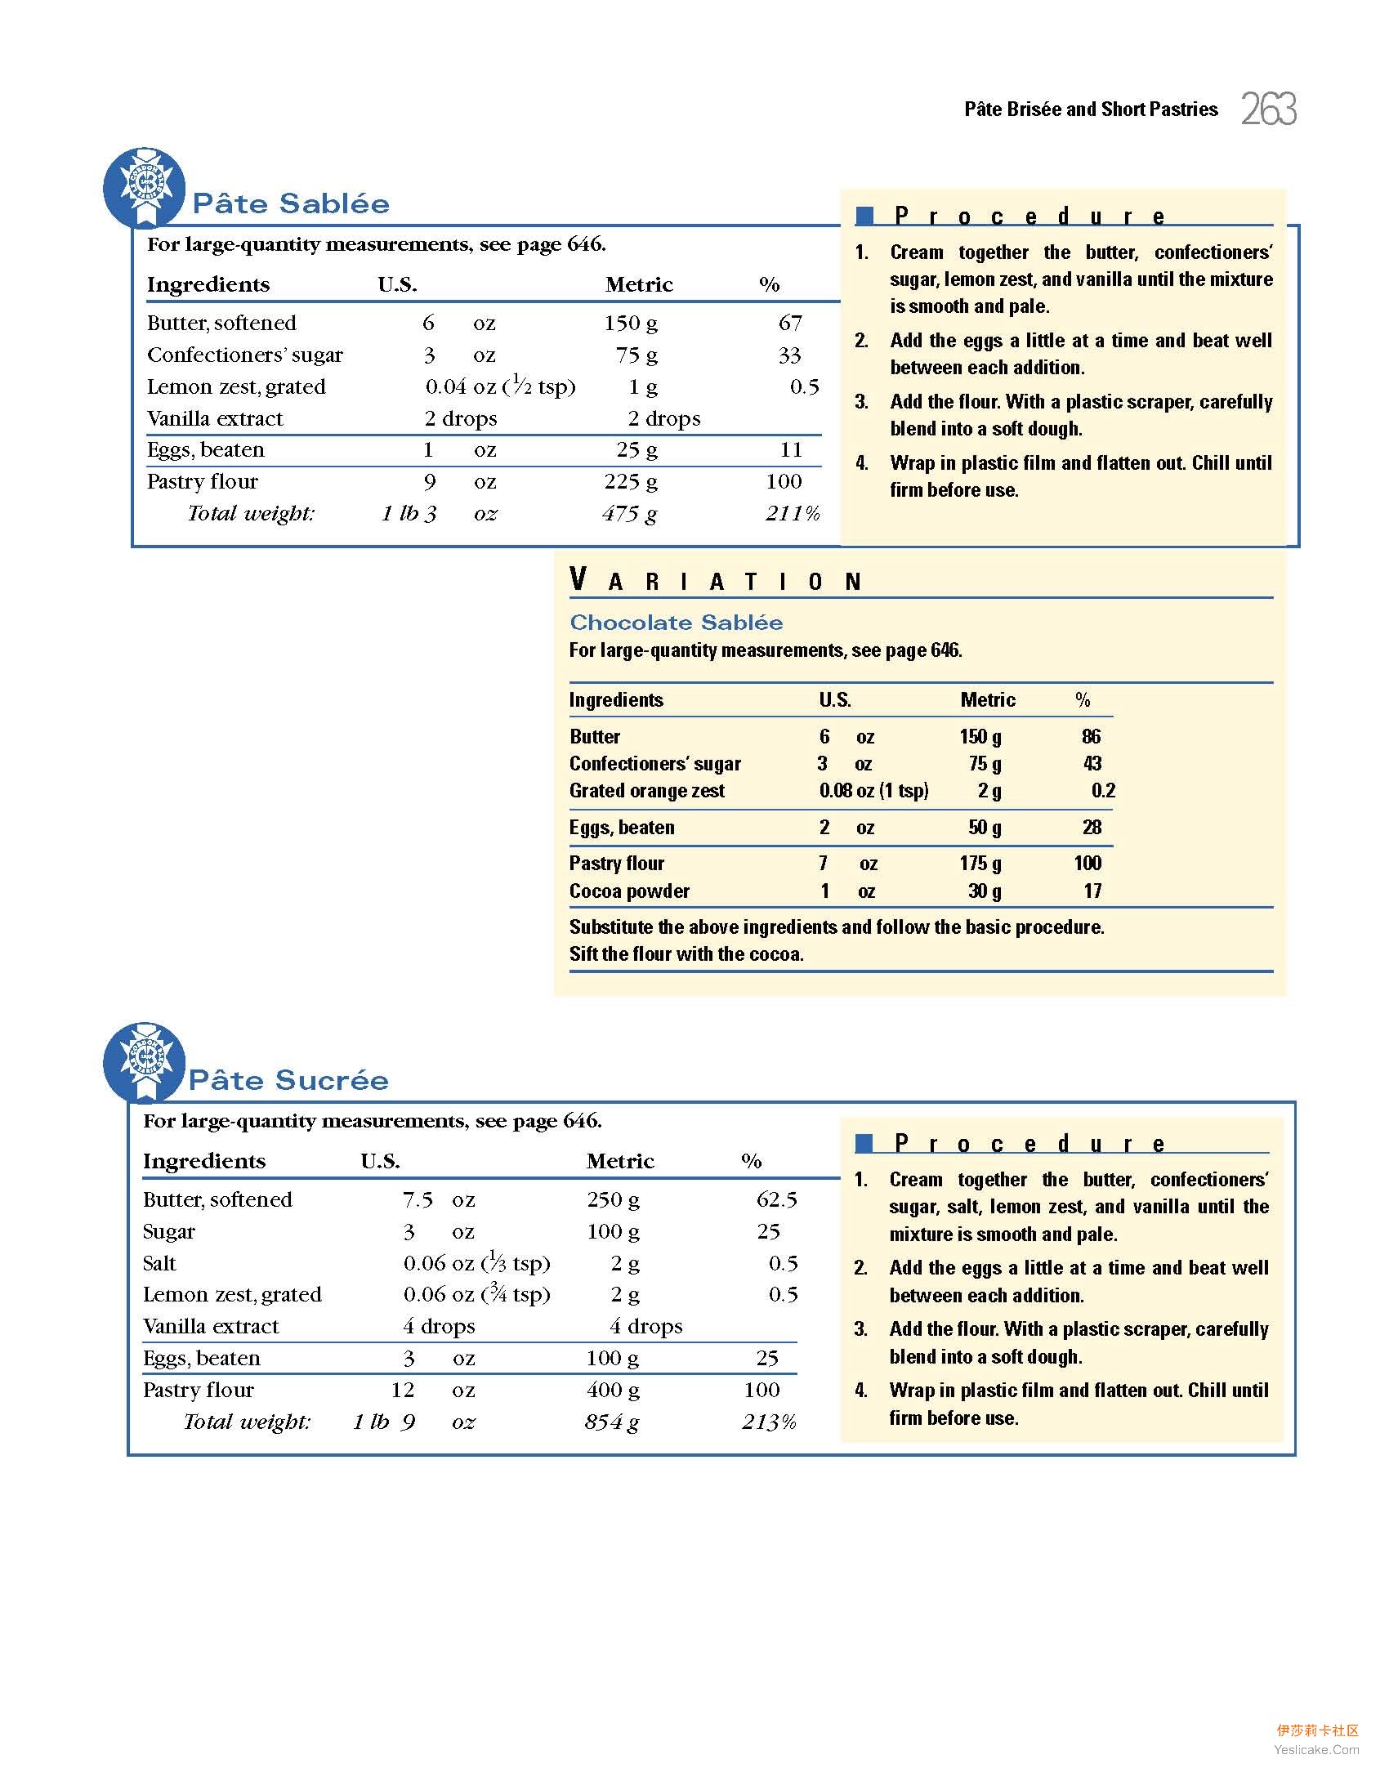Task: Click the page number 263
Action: coord(1268,109)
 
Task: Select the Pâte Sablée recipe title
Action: coord(291,203)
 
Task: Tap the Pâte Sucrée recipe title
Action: coord(288,1080)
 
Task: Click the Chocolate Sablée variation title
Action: coord(676,623)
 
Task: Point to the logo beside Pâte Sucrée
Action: coord(145,1061)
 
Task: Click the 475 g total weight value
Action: coord(629,514)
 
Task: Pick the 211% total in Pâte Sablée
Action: coord(793,514)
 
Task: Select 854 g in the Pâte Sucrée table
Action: coord(612,1422)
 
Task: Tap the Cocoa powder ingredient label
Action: coord(629,891)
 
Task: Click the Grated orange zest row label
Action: coord(646,791)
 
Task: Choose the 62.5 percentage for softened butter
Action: coord(776,1200)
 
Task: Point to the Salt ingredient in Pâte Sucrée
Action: coord(159,1264)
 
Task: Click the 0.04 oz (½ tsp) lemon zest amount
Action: coord(500,386)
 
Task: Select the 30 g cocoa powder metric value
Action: coord(985,891)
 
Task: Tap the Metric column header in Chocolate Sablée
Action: coord(987,700)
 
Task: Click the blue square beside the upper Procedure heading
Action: coord(864,216)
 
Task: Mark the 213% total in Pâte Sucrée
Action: coord(769,1422)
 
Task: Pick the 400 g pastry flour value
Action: coord(613,1391)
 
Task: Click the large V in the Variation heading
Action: coord(578,580)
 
